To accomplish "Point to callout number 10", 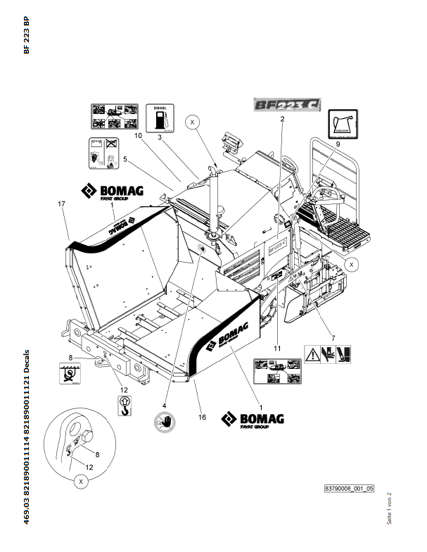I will point(139,134).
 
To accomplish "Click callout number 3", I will point(160,139).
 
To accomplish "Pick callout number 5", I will point(125,160).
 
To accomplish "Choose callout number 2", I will point(282,120).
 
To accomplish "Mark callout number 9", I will point(338,144).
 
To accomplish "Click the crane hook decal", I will point(124,406).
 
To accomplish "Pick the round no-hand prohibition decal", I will point(165,422).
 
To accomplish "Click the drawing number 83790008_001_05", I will point(349,487).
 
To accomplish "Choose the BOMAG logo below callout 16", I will point(253,420).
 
